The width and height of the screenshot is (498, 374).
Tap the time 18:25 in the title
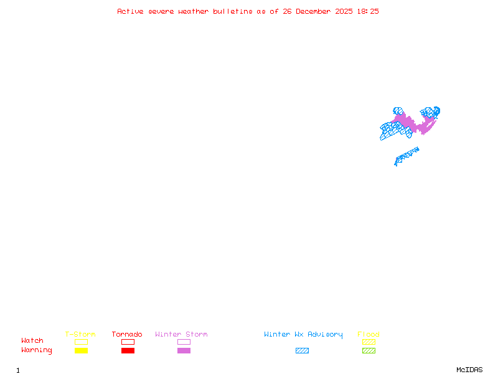tap(369, 11)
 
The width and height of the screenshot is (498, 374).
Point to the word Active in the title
tap(131, 11)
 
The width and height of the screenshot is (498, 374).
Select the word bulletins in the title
tap(233, 11)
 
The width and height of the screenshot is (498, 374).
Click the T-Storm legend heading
tap(80, 335)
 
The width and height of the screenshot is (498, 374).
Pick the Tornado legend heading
tap(127, 335)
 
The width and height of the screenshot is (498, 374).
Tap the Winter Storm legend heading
tap(181, 335)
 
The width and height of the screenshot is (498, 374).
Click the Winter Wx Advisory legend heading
tap(303, 335)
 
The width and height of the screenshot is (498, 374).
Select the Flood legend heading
tap(369, 335)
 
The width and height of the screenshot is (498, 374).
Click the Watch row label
tap(32, 341)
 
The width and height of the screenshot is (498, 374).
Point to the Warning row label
tap(37, 350)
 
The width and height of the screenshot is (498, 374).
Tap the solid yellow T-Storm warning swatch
tap(81, 351)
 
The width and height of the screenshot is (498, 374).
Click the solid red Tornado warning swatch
tap(128, 351)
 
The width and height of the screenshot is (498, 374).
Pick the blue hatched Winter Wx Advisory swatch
tap(302, 351)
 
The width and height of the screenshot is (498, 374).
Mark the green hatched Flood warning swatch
tap(369, 351)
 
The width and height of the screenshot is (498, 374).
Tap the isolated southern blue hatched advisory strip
tap(406, 155)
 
